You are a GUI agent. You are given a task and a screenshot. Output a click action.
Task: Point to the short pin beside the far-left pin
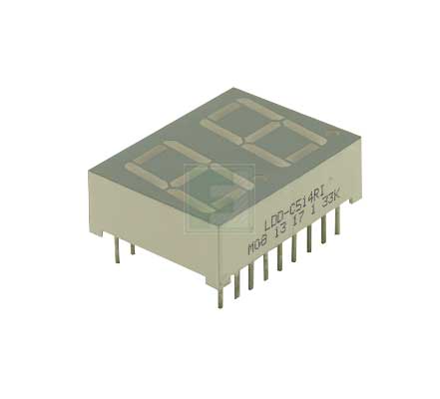click(133, 250)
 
